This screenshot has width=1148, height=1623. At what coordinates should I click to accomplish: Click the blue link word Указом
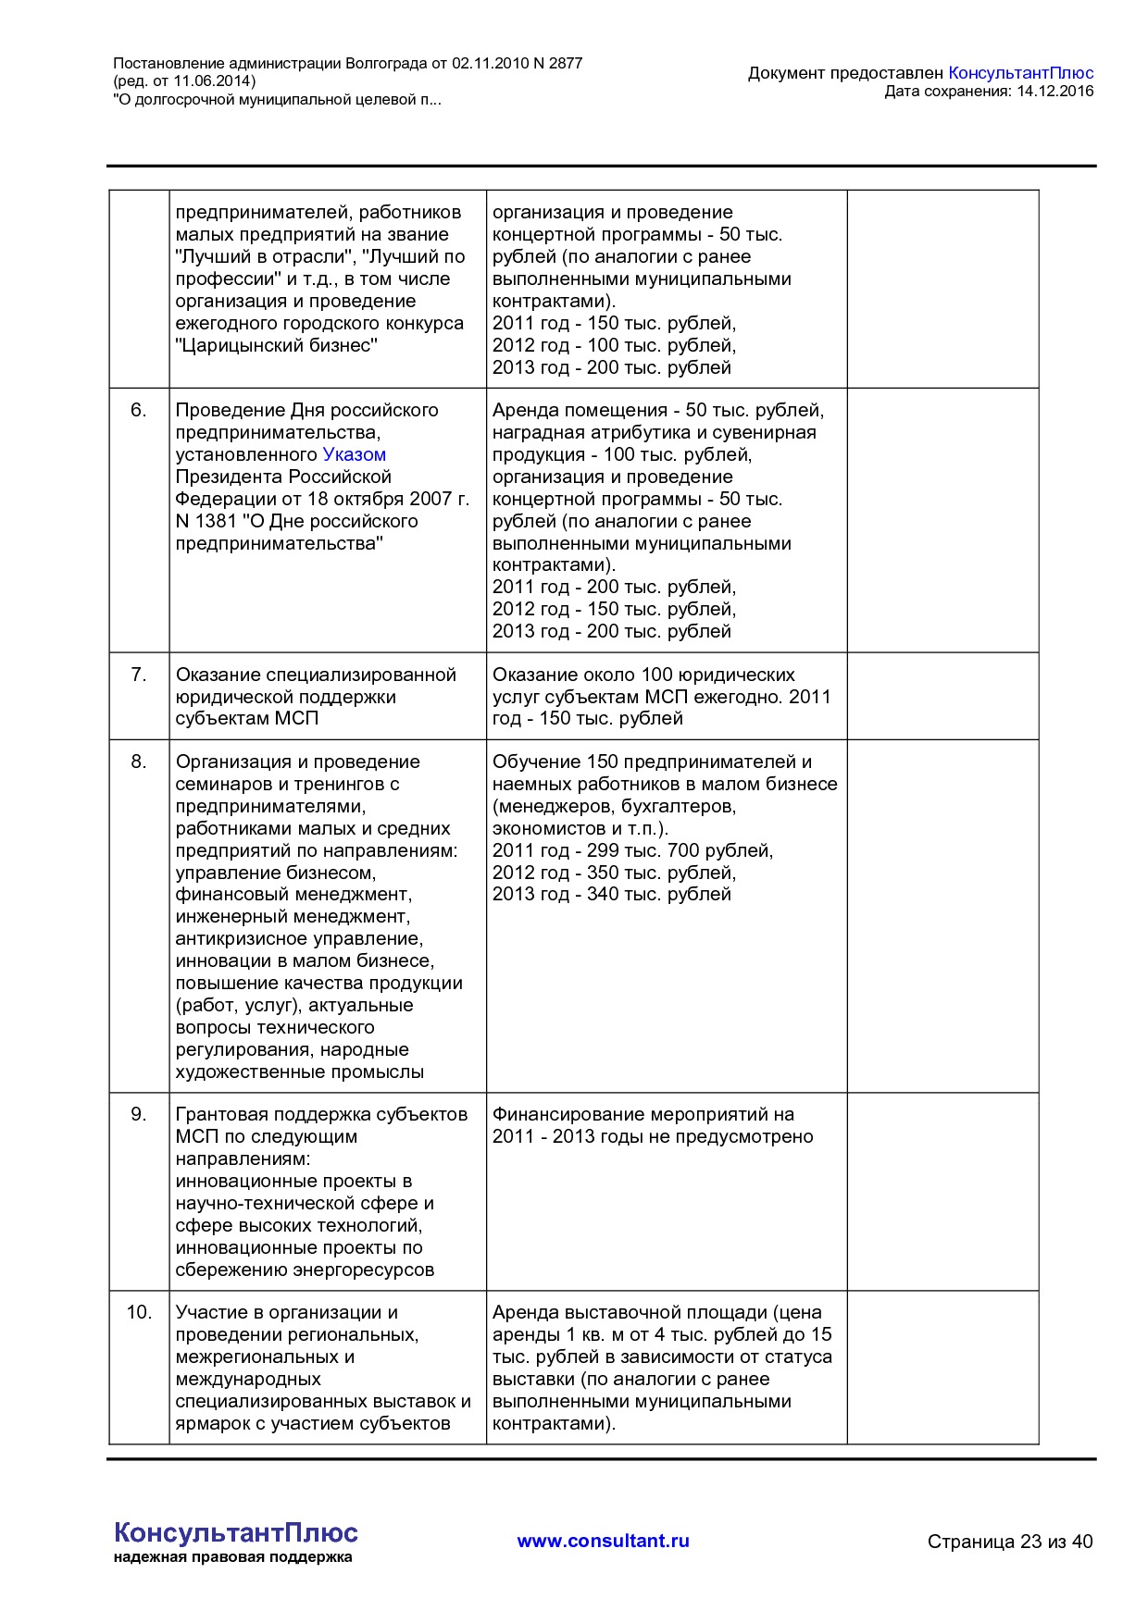(354, 454)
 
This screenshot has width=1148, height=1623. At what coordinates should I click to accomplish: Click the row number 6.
(138, 410)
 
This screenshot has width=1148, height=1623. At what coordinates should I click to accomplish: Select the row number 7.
(138, 675)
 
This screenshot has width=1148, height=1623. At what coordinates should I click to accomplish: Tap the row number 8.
(138, 762)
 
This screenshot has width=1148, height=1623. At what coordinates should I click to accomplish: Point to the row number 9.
(138, 1114)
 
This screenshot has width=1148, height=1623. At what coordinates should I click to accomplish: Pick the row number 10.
(138, 1312)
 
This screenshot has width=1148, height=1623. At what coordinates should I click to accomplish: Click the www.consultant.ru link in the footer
(603, 1541)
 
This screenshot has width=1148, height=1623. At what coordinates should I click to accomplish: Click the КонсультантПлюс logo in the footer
(235, 1532)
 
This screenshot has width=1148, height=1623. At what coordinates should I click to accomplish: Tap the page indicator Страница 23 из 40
(1009, 1542)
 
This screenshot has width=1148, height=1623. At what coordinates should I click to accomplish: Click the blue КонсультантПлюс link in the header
(1020, 73)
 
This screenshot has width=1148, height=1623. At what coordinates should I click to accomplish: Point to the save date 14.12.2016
(1054, 91)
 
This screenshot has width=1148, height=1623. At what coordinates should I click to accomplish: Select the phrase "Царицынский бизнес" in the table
(276, 345)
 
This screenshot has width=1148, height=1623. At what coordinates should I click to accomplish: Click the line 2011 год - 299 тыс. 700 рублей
(631, 850)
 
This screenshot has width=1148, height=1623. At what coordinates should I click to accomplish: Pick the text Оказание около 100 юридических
(643, 675)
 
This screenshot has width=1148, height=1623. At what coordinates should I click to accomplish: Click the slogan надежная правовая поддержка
(232, 1557)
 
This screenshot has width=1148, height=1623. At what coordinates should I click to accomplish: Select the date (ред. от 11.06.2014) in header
(183, 81)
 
